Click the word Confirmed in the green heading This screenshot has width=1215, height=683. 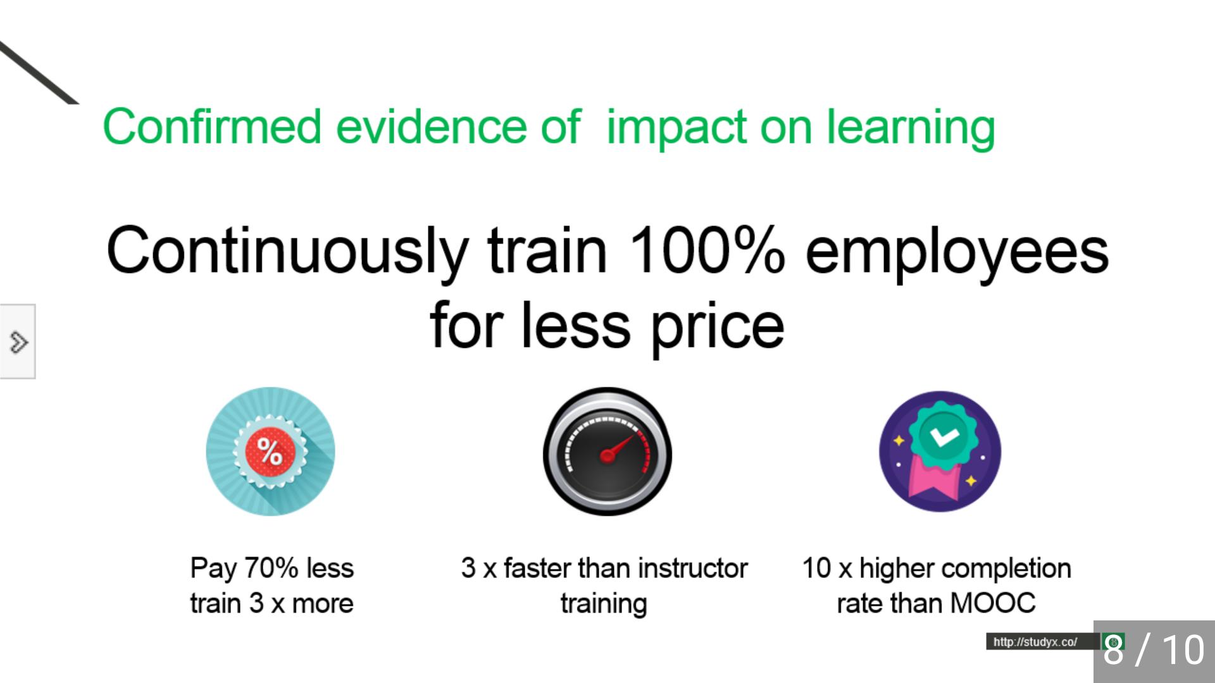click(212, 126)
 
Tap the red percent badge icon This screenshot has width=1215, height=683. click(270, 452)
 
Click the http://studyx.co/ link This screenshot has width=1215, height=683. click(1035, 642)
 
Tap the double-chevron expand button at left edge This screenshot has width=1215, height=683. click(18, 341)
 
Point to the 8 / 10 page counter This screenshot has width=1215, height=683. click(1154, 650)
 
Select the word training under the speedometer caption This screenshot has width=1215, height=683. click(604, 605)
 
